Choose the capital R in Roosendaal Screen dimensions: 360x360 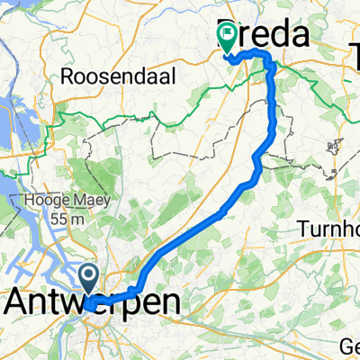67,77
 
